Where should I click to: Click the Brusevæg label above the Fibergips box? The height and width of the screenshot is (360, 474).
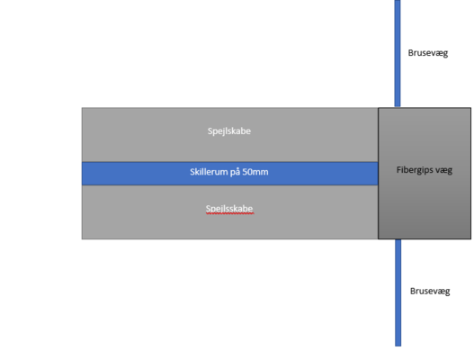pos(428,53)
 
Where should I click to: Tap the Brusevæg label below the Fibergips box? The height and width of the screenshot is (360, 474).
pos(430,292)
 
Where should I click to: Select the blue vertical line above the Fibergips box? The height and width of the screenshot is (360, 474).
pos(398,53)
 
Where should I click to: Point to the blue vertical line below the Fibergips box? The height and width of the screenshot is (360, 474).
pos(398,292)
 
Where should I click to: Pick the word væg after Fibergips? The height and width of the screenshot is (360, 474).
pos(443,171)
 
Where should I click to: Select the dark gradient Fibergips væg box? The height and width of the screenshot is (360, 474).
pos(425,174)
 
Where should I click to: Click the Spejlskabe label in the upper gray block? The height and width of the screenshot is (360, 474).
pos(229,131)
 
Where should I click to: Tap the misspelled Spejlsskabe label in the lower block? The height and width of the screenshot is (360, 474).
pos(229,209)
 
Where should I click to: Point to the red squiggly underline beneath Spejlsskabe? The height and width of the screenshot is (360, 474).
pos(229,213)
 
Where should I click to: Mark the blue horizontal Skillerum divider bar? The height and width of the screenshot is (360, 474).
pos(229,174)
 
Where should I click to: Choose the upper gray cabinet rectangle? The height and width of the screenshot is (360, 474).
pos(229,135)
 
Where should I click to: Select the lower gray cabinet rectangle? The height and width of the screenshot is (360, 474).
pos(229,212)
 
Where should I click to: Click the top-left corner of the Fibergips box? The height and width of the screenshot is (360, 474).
pos(378,108)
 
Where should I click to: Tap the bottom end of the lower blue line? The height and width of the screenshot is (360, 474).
pos(398,346)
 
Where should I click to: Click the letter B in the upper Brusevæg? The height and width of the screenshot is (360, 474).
pos(411,52)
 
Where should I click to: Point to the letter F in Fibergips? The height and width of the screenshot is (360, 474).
pos(399,170)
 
